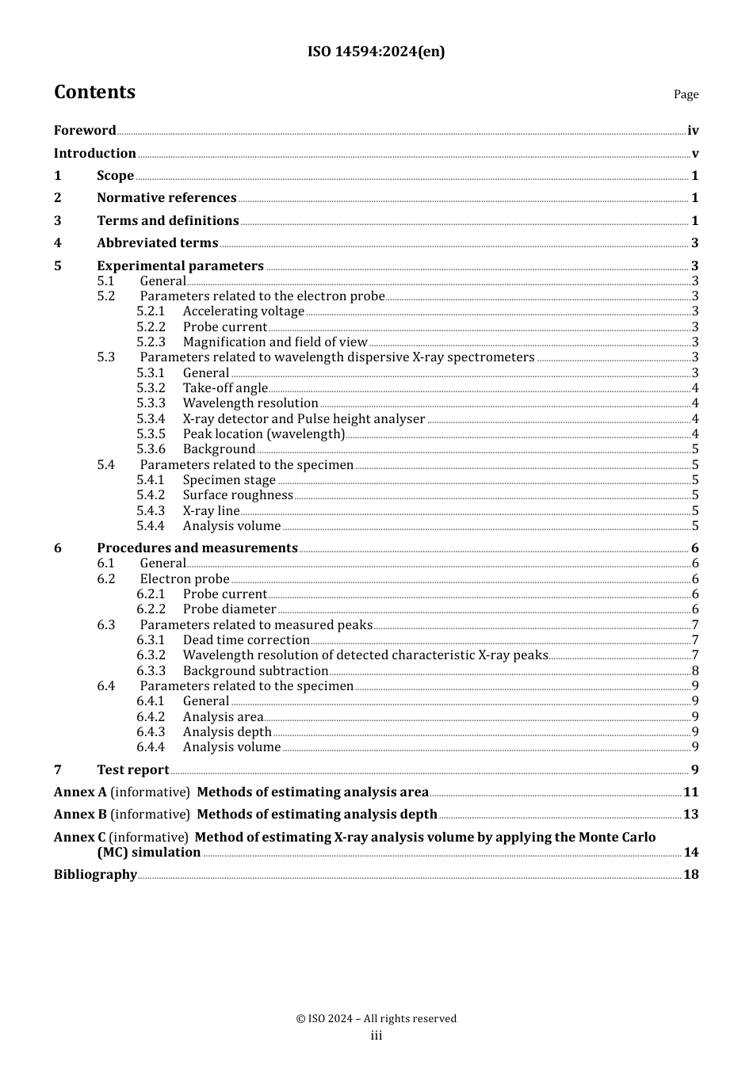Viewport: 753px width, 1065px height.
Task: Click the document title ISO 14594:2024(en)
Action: [376, 52]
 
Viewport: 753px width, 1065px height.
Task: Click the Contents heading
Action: [94, 92]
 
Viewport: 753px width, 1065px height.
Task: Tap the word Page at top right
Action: [686, 94]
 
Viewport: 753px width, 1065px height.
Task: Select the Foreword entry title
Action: [85, 131]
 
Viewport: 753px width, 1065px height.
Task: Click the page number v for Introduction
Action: [695, 154]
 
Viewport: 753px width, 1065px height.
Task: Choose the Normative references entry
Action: [166, 198]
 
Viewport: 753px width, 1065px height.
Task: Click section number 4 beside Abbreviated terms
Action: [58, 243]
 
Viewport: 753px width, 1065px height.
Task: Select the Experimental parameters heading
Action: [180, 266]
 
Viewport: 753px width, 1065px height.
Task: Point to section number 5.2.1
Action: [151, 311]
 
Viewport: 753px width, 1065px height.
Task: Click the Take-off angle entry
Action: [225, 388]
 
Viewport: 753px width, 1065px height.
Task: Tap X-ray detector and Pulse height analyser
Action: [304, 419]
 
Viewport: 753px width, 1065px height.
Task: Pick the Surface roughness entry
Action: [238, 495]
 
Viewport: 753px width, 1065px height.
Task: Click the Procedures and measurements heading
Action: [197, 548]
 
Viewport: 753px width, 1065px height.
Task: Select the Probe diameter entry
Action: [229, 609]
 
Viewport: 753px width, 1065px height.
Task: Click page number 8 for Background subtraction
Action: [695, 671]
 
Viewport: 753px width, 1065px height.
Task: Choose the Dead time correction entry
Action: [246, 640]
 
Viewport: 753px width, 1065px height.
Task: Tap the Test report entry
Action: [132, 770]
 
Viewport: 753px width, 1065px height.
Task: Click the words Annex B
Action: [80, 815]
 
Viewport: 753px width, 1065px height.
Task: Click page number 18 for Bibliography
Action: [691, 875]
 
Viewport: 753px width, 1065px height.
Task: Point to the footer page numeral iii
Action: [376, 1036]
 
